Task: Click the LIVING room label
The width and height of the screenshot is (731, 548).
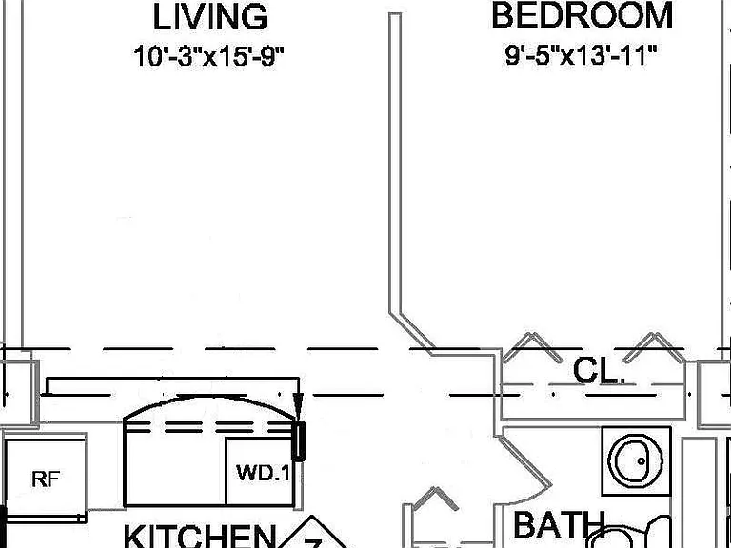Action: pos(210,17)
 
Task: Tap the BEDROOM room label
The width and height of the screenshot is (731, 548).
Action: pos(582,15)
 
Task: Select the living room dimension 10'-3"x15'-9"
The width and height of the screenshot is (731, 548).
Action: pos(208,56)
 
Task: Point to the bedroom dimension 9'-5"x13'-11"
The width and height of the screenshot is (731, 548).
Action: pos(581,55)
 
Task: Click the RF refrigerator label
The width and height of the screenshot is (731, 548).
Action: pos(46,479)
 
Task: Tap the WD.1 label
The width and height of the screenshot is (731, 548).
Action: pos(263,473)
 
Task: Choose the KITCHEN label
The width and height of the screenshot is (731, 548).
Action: pos(200,536)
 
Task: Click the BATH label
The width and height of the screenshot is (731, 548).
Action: pos(559,525)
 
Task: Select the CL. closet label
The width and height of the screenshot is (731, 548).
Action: pos(599,371)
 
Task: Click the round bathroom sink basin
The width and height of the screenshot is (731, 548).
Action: pos(635,460)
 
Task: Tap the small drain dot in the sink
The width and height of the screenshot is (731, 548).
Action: pos(641,461)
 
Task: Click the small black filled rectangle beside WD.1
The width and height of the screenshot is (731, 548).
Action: pos(298,440)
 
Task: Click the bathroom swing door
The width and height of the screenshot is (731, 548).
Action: pos(525,460)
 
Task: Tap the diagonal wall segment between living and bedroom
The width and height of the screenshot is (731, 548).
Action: pos(412,332)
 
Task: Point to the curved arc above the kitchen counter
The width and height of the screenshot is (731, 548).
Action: pos(209,398)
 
